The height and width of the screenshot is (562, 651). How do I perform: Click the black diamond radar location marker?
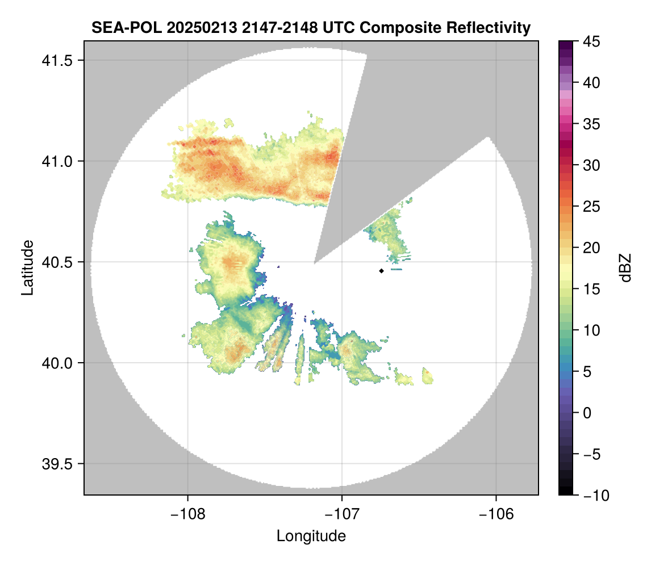click(x=381, y=271)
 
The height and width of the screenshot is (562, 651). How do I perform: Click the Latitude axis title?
click(x=27, y=267)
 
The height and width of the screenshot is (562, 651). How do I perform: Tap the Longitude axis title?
click(x=311, y=536)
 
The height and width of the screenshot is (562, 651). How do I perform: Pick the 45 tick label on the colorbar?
click(x=592, y=41)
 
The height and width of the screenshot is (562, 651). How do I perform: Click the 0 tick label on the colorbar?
click(x=589, y=413)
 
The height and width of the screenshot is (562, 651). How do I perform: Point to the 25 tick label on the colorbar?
click(x=592, y=207)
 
